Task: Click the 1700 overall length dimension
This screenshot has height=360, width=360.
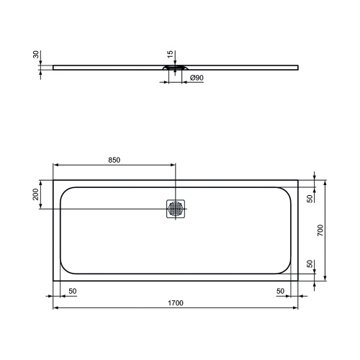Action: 176,303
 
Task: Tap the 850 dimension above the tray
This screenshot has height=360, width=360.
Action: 114,159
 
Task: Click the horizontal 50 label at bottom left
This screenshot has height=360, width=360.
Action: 73,290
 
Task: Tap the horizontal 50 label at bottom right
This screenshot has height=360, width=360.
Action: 280,290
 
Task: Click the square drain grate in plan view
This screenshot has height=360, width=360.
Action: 176,209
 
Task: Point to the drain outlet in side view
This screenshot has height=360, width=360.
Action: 176,71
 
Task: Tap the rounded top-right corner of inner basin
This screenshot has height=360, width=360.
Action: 287,191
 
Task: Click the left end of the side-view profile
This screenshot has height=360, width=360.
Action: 55,68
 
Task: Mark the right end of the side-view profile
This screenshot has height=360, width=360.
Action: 298,68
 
